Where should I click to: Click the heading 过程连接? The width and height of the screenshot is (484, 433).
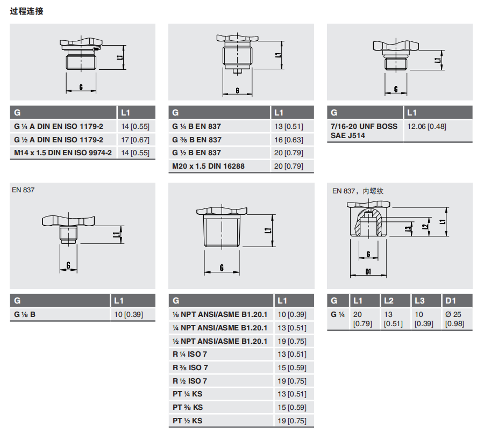pos(26,11)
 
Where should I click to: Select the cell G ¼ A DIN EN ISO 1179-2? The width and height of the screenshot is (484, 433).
pos(59,126)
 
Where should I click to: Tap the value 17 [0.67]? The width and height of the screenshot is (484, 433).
pos(135,140)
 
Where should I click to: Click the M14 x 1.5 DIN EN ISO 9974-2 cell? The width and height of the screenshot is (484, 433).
pos(63,153)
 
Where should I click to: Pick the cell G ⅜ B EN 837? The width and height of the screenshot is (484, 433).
pos(197,140)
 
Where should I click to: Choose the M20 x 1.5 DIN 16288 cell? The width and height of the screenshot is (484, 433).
pos(208,166)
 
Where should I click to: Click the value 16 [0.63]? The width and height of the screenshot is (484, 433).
pos(289,140)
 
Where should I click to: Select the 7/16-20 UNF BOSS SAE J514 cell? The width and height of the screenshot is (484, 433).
pos(364,131)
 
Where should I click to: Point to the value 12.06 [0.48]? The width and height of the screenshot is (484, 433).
pos(426,126)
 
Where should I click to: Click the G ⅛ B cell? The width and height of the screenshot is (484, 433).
pos(25,315)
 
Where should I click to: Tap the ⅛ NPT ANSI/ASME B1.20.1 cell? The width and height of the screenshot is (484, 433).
pos(220,315)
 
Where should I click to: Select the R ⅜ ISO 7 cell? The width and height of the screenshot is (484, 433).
pos(190,367)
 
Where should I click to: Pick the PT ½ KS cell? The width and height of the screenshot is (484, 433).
pos(187,421)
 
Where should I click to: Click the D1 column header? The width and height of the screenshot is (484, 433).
pos(451,301)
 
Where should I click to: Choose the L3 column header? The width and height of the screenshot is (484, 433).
pos(419,301)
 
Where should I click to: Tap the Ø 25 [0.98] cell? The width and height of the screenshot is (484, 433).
pos(454,319)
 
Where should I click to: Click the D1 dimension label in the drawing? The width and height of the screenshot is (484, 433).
pos(368,272)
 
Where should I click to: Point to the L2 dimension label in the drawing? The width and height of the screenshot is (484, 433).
pos(425,227)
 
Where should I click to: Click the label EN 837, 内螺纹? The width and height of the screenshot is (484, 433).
pos(358,191)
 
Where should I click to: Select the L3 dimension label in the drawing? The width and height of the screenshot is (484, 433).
pos(409,229)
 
